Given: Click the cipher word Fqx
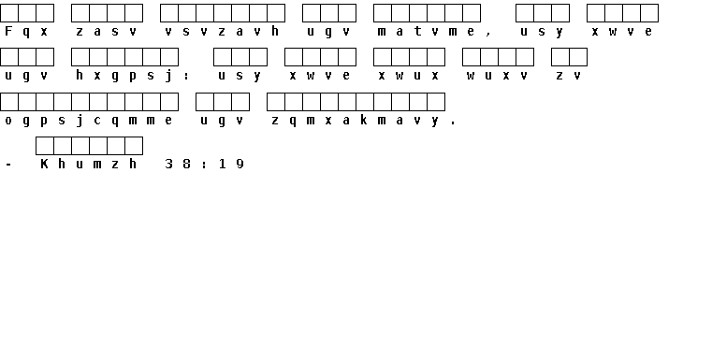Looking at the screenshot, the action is [26, 32].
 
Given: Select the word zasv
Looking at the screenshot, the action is [106, 32].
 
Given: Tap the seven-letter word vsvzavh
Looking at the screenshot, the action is [222, 31].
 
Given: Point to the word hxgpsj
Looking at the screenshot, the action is [124, 76].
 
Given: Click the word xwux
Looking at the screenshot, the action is [408, 76].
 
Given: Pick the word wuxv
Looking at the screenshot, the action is [497, 76].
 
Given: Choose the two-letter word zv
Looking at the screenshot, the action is [568, 76].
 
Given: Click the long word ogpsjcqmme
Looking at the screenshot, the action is [88, 121].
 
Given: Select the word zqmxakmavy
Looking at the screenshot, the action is [356, 121].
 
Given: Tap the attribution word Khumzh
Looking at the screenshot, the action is [88, 164].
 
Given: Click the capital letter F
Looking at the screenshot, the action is [8, 31].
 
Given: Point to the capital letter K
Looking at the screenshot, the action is [44, 164].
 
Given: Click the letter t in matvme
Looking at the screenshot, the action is [417, 31].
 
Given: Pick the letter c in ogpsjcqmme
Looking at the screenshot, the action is [97, 121].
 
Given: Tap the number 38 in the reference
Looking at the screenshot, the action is [178, 164].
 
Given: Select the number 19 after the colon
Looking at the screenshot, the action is [231, 164].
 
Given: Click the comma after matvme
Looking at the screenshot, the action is [488, 34].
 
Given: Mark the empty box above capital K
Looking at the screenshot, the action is [45, 146].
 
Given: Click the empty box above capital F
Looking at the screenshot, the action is [9, 13].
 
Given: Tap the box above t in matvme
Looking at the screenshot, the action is [418, 13].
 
